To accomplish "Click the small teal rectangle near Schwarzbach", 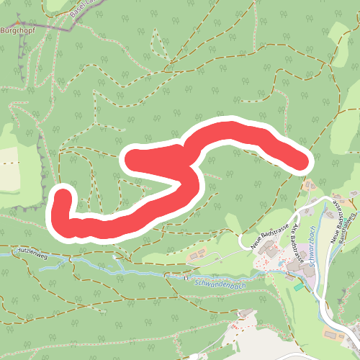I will click(298, 287).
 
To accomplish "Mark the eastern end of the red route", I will click(300, 160).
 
